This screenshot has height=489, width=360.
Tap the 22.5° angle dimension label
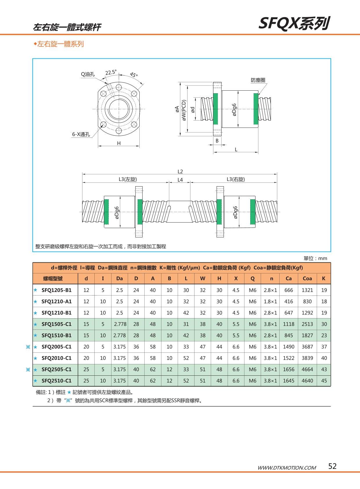(111, 72)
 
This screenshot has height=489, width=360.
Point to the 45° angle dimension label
(134, 75)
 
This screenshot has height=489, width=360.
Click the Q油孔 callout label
(87, 74)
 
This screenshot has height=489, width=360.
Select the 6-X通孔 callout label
(81, 135)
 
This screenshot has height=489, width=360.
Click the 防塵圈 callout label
(258, 80)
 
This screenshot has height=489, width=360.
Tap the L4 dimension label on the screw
(180, 180)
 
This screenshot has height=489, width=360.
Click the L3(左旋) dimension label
(127, 179)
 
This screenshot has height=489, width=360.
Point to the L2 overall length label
(180, 171)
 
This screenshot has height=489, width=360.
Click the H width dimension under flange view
(118, 143)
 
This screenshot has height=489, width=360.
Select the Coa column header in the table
(307, 278)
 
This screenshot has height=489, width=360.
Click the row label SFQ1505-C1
(56, 324)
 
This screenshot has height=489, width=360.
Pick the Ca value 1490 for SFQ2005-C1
(289, 347)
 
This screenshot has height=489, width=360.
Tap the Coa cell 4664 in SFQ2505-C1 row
(307, 369)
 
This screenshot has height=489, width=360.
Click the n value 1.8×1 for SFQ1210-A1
(270, 301)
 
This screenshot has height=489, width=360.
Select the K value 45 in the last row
(324, 381)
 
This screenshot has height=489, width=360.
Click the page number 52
(332, 466)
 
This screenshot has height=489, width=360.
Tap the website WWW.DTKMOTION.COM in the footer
(287, 467)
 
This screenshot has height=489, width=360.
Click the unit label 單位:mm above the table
(315, 258)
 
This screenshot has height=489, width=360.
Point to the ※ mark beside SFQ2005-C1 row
(28, 347)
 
